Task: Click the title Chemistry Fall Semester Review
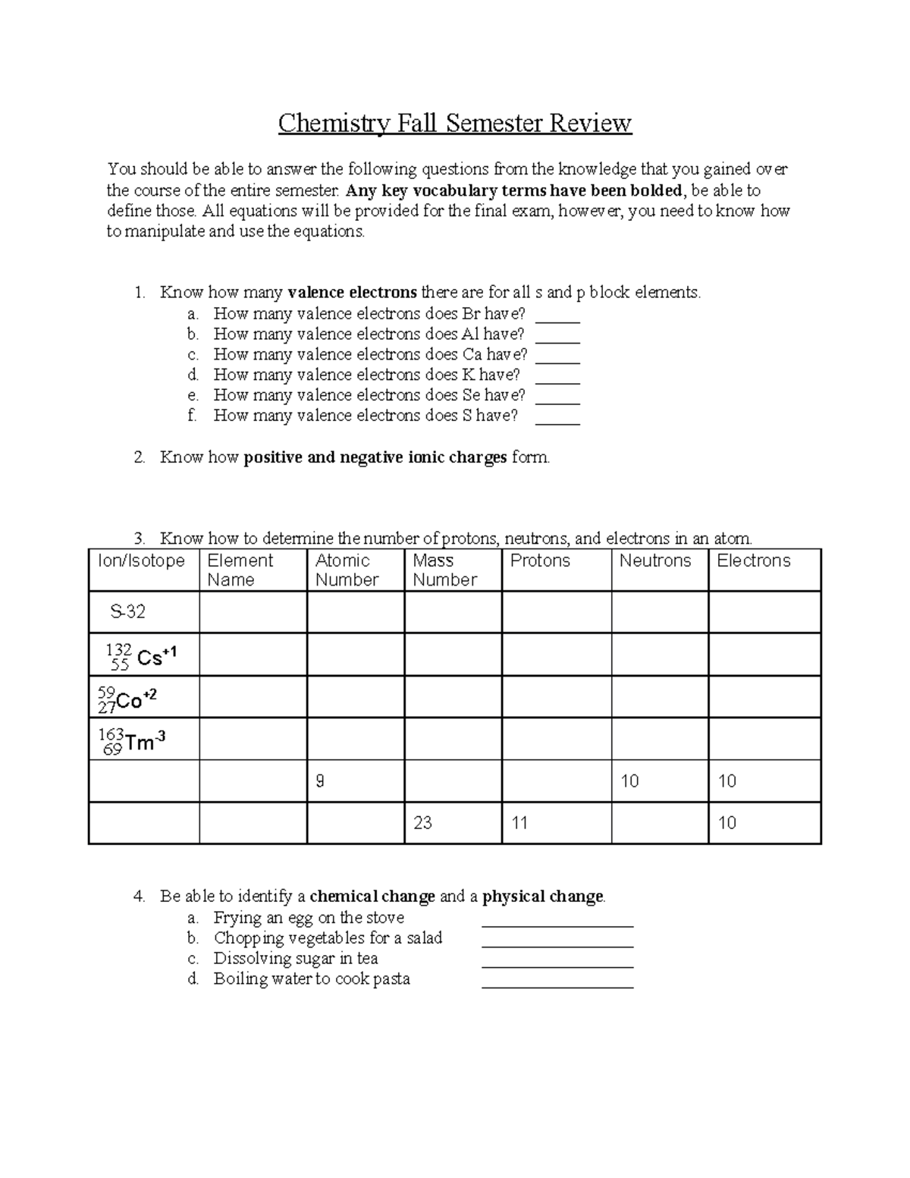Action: pyautogui.click(x=454, y=123)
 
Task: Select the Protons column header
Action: pyautogui.click(x=540, y=561)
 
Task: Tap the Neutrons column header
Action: pyautogui.click(x=654, y=561)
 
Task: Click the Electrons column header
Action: pyautogui.click(x=753, y=561)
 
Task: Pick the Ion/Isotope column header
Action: pyautogui.click(x=141, y=561)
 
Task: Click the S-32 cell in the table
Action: pyautogui.click(x=127, y=611)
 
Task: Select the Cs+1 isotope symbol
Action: pyautogui.click(x=141, y=655)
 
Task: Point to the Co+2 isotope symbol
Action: pyautogui.click(x=127, y=699)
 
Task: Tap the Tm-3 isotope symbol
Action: pyautogui.click(x=132, y=740)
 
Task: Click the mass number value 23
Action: pyautogui.click(x=422, y=823)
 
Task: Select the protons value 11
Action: pyautogui.click(x=519, y=823)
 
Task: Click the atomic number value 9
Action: pyautogui.click(x=320, y=781)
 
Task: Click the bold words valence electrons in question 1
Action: pyautogui.click(x=353, y=293)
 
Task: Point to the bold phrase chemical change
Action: pyautogui.click(x=372, y=897)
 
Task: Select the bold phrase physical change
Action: pyautogui.click(x=543, y=897)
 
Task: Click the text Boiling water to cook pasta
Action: pyautogui.click(x=312, y=979)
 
